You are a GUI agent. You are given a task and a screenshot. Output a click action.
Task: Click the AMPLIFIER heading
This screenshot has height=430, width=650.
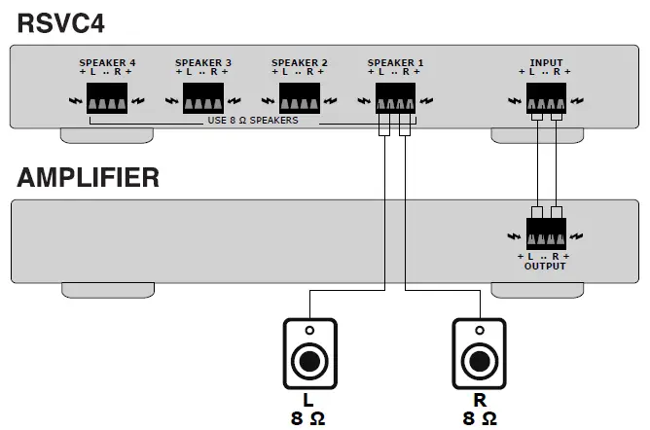89,178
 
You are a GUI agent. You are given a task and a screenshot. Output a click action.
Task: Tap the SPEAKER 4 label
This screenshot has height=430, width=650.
107,62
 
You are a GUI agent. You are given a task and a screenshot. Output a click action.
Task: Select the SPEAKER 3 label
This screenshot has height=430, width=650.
203,62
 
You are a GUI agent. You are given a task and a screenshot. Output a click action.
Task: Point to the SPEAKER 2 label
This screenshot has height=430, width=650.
300,62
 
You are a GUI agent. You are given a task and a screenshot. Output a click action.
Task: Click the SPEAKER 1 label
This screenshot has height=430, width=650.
395,62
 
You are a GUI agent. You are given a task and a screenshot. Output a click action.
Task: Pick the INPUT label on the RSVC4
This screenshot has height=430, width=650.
545,62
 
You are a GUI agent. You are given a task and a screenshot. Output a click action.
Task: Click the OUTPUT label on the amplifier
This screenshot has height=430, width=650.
545,265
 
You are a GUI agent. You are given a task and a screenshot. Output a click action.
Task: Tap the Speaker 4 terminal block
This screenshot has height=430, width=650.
107,97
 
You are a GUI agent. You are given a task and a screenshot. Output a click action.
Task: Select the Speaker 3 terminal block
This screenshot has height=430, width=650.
203,97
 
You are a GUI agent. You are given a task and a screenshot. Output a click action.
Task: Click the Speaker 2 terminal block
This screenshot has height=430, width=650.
300,97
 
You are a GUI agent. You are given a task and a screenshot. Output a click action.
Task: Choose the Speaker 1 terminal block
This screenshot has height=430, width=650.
395,97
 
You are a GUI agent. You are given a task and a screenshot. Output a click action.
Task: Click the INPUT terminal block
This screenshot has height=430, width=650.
545,97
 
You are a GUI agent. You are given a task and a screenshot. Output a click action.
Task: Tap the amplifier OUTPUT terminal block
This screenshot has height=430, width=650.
545,233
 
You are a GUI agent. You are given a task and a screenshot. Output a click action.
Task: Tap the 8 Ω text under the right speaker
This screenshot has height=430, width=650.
478,419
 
